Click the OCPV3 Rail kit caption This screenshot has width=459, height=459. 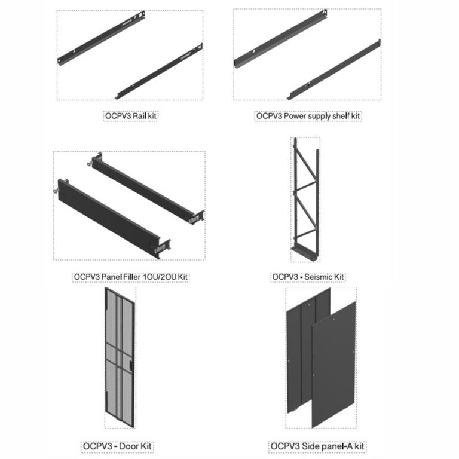tap(130, 116)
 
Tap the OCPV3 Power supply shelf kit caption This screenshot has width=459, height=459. tap(308, 116)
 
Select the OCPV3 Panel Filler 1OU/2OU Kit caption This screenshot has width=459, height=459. tap(130, 277)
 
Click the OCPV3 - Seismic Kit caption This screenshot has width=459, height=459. tap(308, 277)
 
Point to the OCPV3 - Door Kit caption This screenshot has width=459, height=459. tap(117, 446)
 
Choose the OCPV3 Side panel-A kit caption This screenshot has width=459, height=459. tap(317, 446)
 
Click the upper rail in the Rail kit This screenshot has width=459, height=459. tap(101, 38)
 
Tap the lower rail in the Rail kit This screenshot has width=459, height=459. tap(159, 72)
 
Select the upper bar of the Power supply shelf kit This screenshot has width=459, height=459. tap(280, 38)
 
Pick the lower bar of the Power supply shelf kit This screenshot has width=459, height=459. tap(333, 70)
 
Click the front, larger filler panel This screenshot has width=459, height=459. tap(111, 219)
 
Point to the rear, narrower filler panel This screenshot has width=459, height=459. tap(146, 188)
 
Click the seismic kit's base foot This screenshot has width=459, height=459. tap(304, 253)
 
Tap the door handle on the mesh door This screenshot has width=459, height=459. tap(130, 365)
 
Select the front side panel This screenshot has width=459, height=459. tap(333, 365)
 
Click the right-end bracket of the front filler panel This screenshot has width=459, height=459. tap(163, 249)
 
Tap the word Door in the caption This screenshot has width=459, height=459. tap(127, 446)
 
